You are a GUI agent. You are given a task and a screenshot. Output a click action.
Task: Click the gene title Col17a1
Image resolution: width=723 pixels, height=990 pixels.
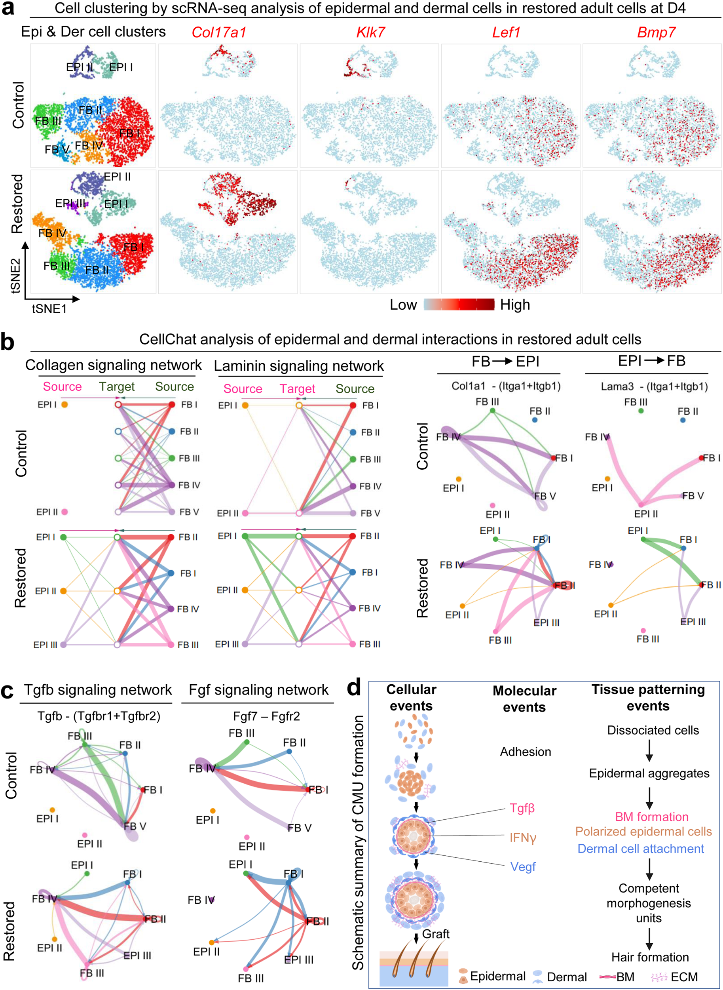pyautogui.click(x=219, y=32)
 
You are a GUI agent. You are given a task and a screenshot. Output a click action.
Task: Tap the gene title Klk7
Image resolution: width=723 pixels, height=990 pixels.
pyautogui.click(x=370, y=32)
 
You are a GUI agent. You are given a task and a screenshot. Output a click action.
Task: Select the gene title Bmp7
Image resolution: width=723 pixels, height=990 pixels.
pyautogui.click(x=656, y=32)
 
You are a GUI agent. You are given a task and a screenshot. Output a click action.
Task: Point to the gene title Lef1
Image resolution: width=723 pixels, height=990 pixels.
pyautogui.click(x=506, y=32)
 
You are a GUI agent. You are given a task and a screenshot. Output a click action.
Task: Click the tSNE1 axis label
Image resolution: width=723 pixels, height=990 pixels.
pyautogui.click(x=49, y=309)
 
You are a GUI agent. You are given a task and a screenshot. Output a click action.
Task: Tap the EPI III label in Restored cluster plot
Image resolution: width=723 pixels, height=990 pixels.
pyautogui.click(x=70, y=203)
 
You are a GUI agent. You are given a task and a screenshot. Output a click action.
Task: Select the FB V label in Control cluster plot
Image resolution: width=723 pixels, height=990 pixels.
pyautogui.click(x=57, y=150)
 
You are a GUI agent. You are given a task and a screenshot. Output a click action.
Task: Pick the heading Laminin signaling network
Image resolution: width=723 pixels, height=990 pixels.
pyautogui.click(x=298, y=366)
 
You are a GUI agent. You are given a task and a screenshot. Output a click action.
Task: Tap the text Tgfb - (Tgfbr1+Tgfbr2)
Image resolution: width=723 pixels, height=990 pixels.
pyautogui.click(x=99, y=716)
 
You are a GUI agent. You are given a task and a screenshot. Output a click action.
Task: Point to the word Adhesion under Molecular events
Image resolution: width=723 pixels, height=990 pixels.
pyautogui.click(x=525, y=751)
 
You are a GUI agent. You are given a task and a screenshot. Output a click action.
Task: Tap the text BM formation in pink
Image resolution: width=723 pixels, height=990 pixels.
pyautogui.click(x=651, y=817)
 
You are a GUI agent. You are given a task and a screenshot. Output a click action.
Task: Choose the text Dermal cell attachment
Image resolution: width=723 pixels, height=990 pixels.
pyautogui.click(x=641, y=849)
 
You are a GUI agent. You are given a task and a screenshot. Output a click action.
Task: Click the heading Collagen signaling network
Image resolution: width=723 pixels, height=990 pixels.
pyautogui.click(x=113, y=365)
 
